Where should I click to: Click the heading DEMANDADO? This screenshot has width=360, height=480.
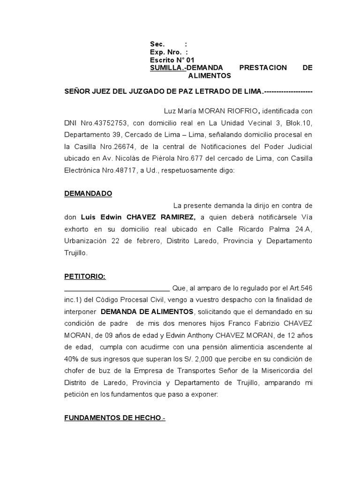click(x=88, y=193)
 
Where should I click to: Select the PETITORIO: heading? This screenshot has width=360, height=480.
click(x=85, y=277)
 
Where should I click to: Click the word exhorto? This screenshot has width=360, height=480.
click(x=78, y=229)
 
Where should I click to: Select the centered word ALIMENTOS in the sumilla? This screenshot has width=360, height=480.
click(x=210, y=75)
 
